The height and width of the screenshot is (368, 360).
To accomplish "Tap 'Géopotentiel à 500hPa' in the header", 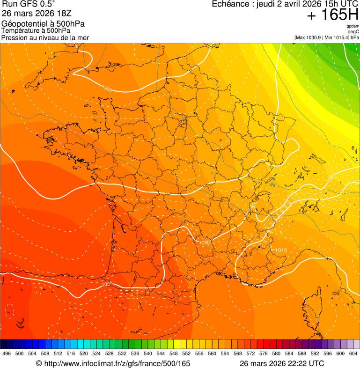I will click(43, 24).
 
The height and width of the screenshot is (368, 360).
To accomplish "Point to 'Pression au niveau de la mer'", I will click(45, 37).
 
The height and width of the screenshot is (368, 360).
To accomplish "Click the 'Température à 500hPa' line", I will click(36, 30).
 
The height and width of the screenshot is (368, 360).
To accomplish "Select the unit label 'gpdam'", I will click(353, 27).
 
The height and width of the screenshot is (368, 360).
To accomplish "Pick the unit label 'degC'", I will click(353, 32).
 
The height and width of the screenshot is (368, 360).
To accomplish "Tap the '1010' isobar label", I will click(280, 250).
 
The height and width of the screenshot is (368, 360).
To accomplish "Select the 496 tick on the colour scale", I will click(7, 353).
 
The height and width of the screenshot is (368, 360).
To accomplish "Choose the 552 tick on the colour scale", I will click(186, 353).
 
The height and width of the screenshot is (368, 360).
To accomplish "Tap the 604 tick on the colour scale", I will click(353, 353).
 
